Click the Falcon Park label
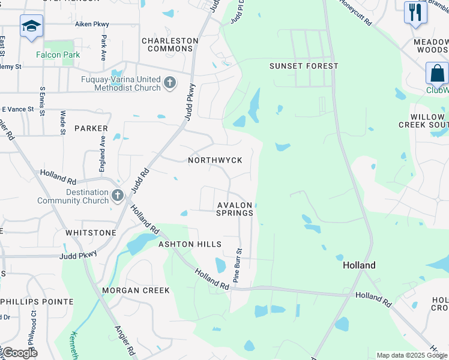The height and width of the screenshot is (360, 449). tap(58, 55)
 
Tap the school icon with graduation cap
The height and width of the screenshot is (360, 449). tap(31, 26)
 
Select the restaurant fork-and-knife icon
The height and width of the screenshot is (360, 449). tap(415, 12)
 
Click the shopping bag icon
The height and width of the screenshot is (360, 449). tap(437, 73)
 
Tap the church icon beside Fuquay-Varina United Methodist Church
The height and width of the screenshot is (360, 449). tap(170, 83)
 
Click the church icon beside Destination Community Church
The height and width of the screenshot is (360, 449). tap(117, 196)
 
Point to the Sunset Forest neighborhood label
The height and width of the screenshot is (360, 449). tap(304, 66)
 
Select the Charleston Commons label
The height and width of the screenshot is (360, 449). tap(170, 44)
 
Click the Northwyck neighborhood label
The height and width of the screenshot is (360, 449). tap(215, 160)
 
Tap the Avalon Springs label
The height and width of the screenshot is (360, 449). tap(235, 209)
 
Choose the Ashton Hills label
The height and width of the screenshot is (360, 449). tap(190, 244)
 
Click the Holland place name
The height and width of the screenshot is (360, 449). tap(359, 265)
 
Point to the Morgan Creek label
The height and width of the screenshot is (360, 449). tap(136, 290)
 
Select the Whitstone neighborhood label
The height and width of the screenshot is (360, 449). tap(91, 232)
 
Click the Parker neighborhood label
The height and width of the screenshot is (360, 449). tap(91, 128)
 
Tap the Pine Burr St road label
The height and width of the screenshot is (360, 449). tap(238, 266)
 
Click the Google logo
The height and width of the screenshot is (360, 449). tap(19, 353)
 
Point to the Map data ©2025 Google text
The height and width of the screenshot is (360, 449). tap(411, 355)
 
